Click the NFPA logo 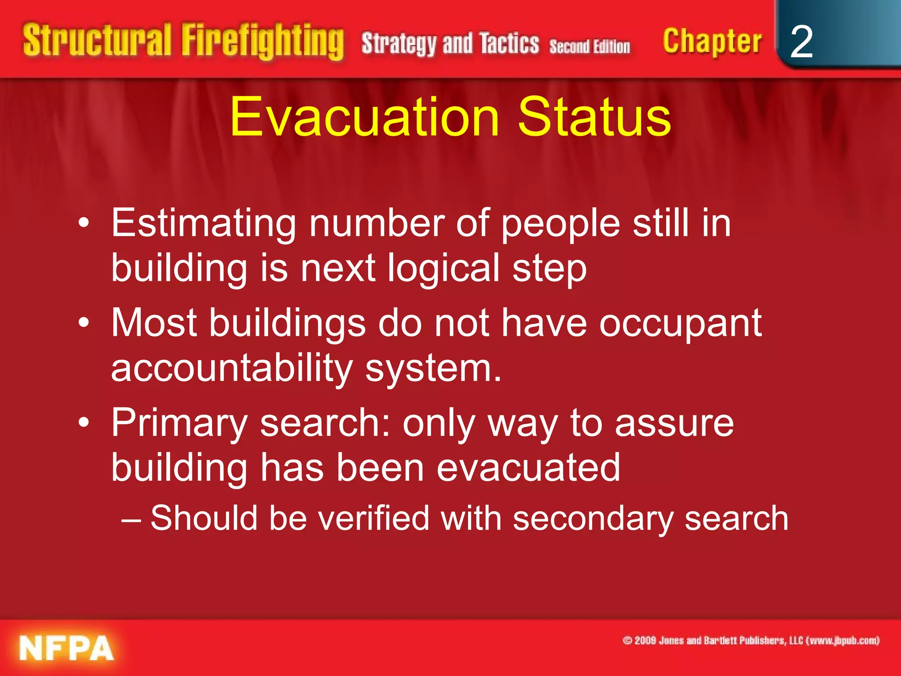coord(66,648)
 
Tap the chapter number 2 coord(801,42)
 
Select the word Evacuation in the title coord(364,118)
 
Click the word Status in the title coord(594,118)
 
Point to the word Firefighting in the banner coord(263,41)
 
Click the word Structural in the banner coord(97,40)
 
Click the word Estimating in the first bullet coord(203,224)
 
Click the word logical coord(443,268)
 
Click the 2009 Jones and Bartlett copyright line coord(751,640)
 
